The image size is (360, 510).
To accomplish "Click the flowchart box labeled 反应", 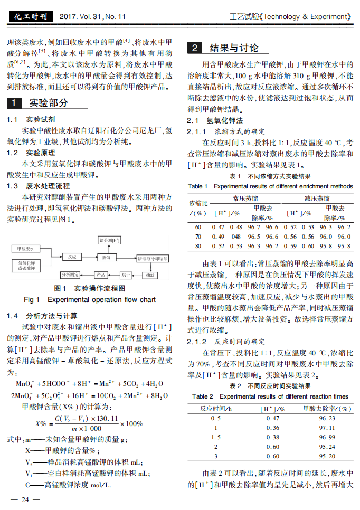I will click(72, 257).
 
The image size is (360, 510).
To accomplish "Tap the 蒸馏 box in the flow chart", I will click(106, 257).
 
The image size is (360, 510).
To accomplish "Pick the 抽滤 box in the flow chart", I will click(150, 275).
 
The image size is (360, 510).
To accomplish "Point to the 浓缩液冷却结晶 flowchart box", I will click(153, 258).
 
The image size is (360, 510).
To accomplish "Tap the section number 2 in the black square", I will click(195, 48).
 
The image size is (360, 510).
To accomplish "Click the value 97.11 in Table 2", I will click(327, 427).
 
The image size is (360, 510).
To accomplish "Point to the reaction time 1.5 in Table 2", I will click(215, 437).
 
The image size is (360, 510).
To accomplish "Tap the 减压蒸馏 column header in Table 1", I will click(317, 198).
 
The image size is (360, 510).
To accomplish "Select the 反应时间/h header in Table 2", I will click(215, 408).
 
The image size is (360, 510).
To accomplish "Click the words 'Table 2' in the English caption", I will click(203, 396).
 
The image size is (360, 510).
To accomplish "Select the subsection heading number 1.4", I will click(13, 316).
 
